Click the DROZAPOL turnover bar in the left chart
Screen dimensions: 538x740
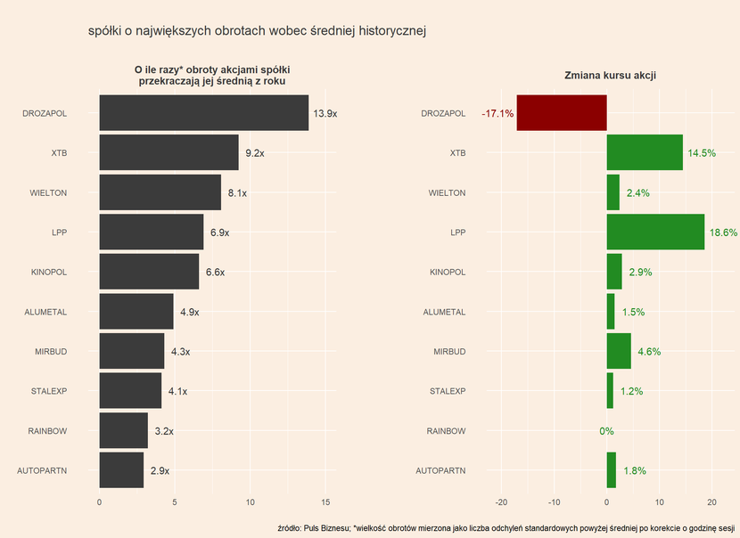tap(203, 113)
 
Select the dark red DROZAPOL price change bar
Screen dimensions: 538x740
tap(562, 113)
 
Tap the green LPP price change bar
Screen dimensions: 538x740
tap(655, 232)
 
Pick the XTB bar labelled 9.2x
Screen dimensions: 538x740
tap(169, 152)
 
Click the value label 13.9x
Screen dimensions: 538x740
tap(325, 114)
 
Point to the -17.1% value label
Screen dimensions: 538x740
tap(497, 114)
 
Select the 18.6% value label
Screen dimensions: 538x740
tap(723, 232)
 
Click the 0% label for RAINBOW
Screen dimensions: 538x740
tap(606, 431)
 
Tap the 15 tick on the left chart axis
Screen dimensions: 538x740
tap(325, 501)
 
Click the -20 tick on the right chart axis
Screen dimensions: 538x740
tap(501, 501)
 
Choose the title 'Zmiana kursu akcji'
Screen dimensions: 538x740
tap(611, 76)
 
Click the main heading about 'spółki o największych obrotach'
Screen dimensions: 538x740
tap(258, 31)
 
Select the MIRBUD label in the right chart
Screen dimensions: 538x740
tap(449, 352)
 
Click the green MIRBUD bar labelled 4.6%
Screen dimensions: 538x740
tap(619, 351)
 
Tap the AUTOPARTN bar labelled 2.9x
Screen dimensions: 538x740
tap(121, 470)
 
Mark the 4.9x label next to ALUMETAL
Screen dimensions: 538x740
tap(189, 313)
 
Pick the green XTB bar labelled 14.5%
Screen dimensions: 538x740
tap(645, 152)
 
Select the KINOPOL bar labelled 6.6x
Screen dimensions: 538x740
tap(149, 272)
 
